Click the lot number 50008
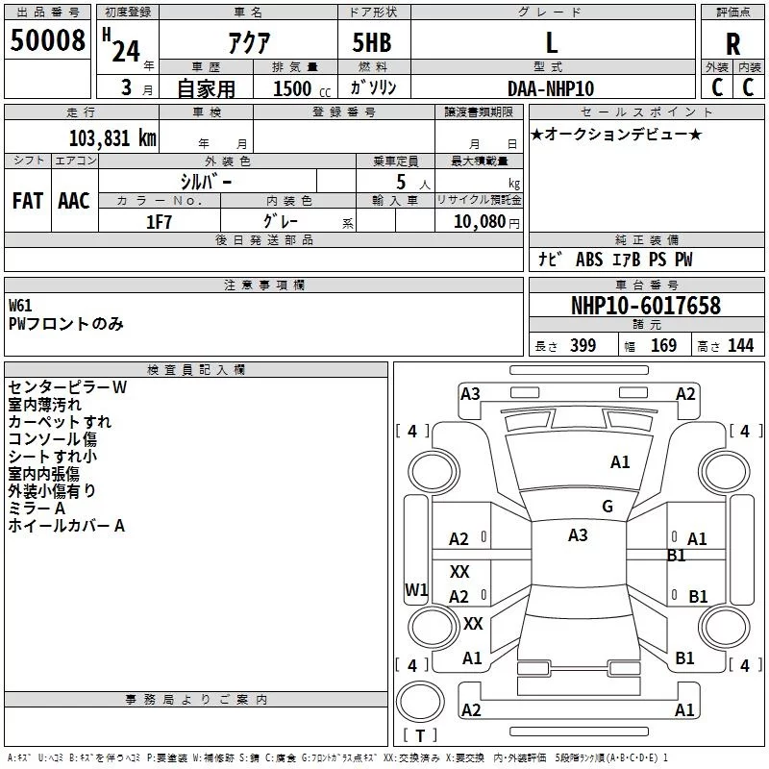[47, 41]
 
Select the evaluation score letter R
[732, 43]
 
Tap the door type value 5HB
[371, 43]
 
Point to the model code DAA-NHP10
[551, 88]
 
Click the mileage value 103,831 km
[112, 137]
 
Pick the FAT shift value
[27, 200]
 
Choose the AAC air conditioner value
[73, 200]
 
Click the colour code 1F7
[159, 221]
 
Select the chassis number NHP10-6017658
[645, 306]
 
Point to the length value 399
[583, 346]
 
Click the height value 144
[740, 346]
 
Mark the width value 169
[663, 346]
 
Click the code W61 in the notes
[20, 306]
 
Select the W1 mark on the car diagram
[415, 589]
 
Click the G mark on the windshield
[607, 507]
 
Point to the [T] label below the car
[419, 736]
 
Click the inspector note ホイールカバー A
[66, 526]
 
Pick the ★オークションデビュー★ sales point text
[616, 134]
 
